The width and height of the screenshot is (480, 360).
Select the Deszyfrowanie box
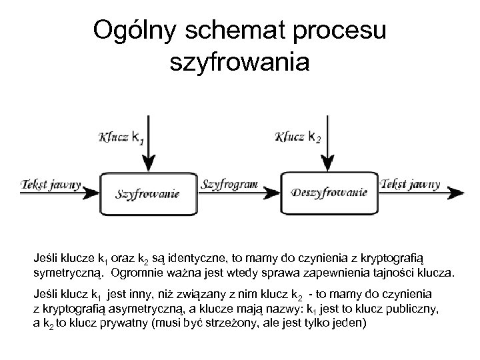[330, 193]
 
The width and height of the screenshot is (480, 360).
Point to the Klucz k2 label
[299, 138]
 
